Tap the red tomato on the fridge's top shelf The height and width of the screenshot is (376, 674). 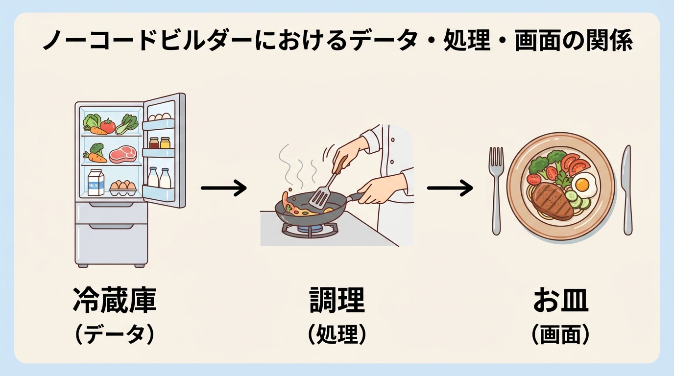pyautogui.click(x=107, y=126)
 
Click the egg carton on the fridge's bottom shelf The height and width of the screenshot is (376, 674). pyautogui.click(x=123, y=187)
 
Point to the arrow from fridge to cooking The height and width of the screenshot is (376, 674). pyautogui.click(x=224, y=188)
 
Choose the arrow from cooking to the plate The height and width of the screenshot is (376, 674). pyautogui.click(x=450, y=188)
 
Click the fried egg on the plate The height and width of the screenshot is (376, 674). pyautogui.click(x=582, y=184)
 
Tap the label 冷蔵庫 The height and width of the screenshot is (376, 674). pyautogui.click(x=115, y=300)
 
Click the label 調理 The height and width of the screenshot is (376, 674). pyautogui.click(x=337, y=300)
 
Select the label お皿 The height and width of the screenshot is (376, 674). pyautogui.click(x=560, y=301)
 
